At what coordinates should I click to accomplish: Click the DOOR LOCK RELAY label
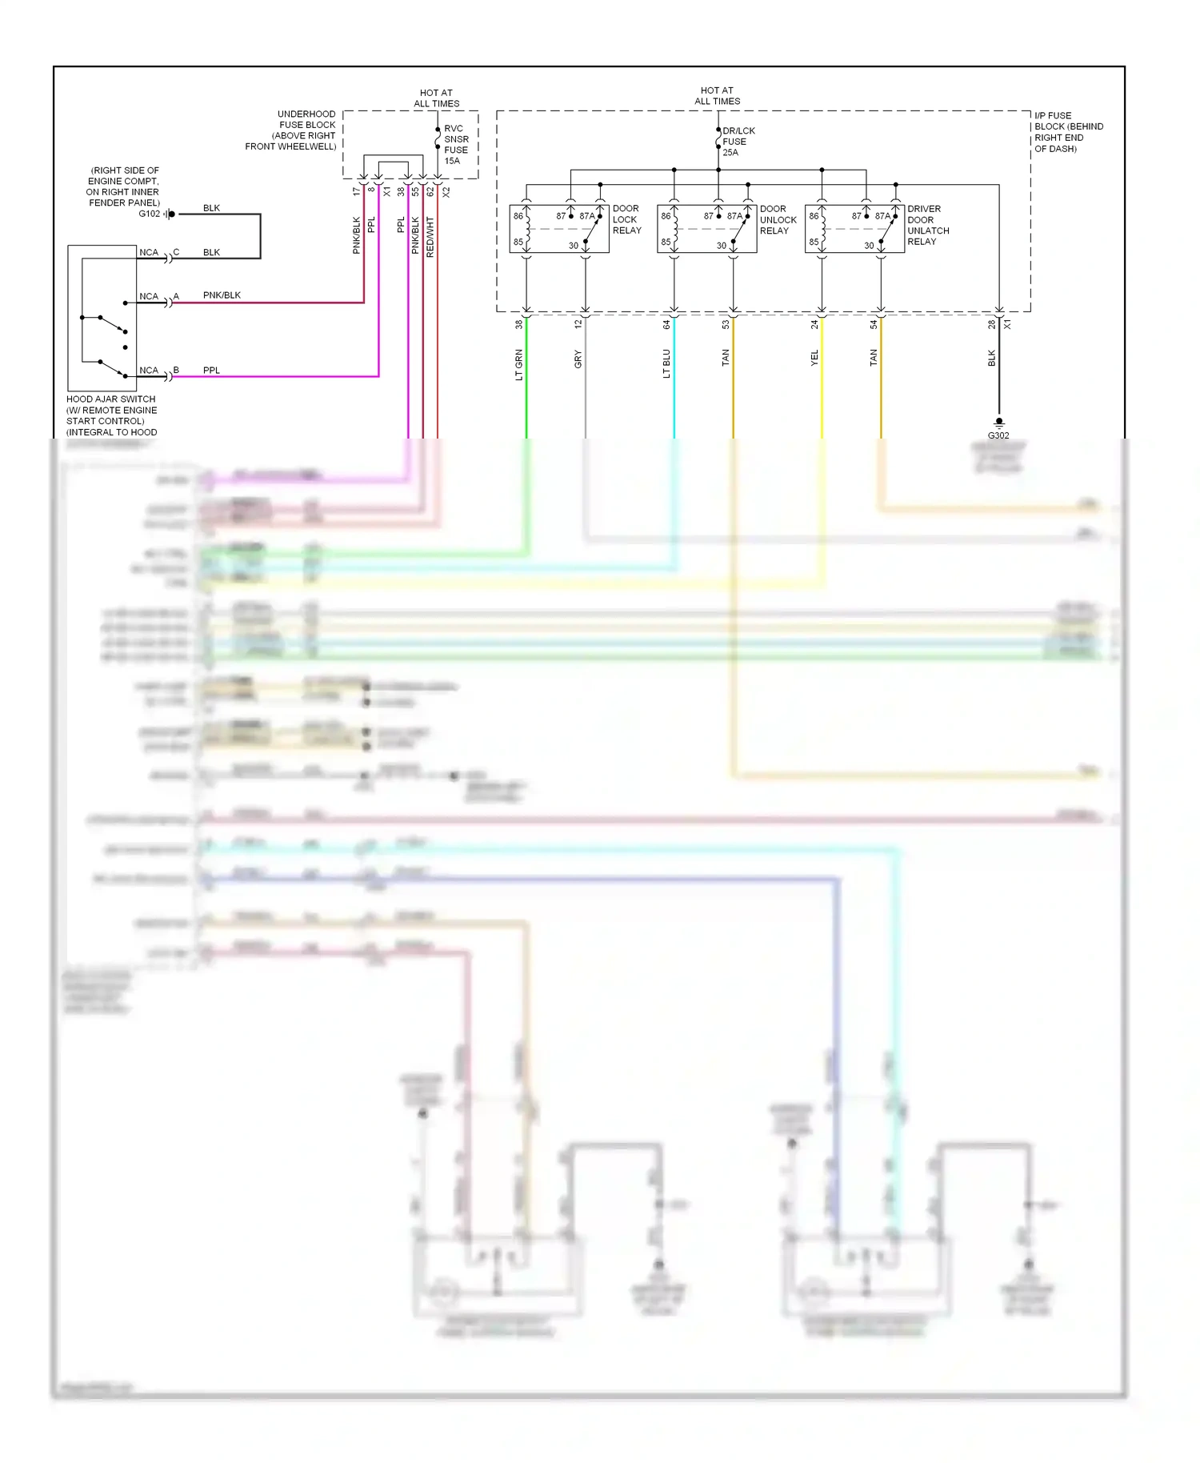pos(626,219)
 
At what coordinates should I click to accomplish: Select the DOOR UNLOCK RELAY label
pos(778,219)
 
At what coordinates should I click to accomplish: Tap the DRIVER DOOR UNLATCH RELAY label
pos(928,225)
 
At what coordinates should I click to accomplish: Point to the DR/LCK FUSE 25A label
pos(737,142)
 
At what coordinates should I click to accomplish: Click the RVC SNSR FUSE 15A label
pos(456,145)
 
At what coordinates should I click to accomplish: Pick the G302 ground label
pos(998,435)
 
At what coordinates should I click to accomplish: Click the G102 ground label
pos(150,214)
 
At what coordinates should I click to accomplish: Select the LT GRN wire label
pos(519,364)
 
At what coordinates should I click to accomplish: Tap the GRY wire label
pos(578,359)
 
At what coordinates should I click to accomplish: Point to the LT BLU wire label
pos(666,363)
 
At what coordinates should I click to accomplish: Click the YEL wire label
pos(814,358)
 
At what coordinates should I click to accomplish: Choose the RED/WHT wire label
pos(430,237)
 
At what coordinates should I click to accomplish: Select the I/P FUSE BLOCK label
pos(1068,132)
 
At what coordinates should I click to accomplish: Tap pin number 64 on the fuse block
pos(666,325)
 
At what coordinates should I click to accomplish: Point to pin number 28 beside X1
pos(992,324)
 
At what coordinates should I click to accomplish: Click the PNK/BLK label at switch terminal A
pos(222,295)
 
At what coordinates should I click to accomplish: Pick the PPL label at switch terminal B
pos(211,371)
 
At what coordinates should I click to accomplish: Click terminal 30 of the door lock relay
pos(574,246)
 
